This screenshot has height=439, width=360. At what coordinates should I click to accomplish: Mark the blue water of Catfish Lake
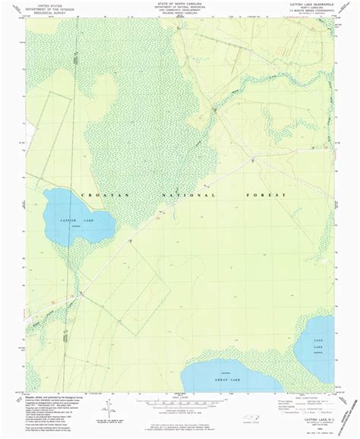pyautogui.click(x=76, y=209)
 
